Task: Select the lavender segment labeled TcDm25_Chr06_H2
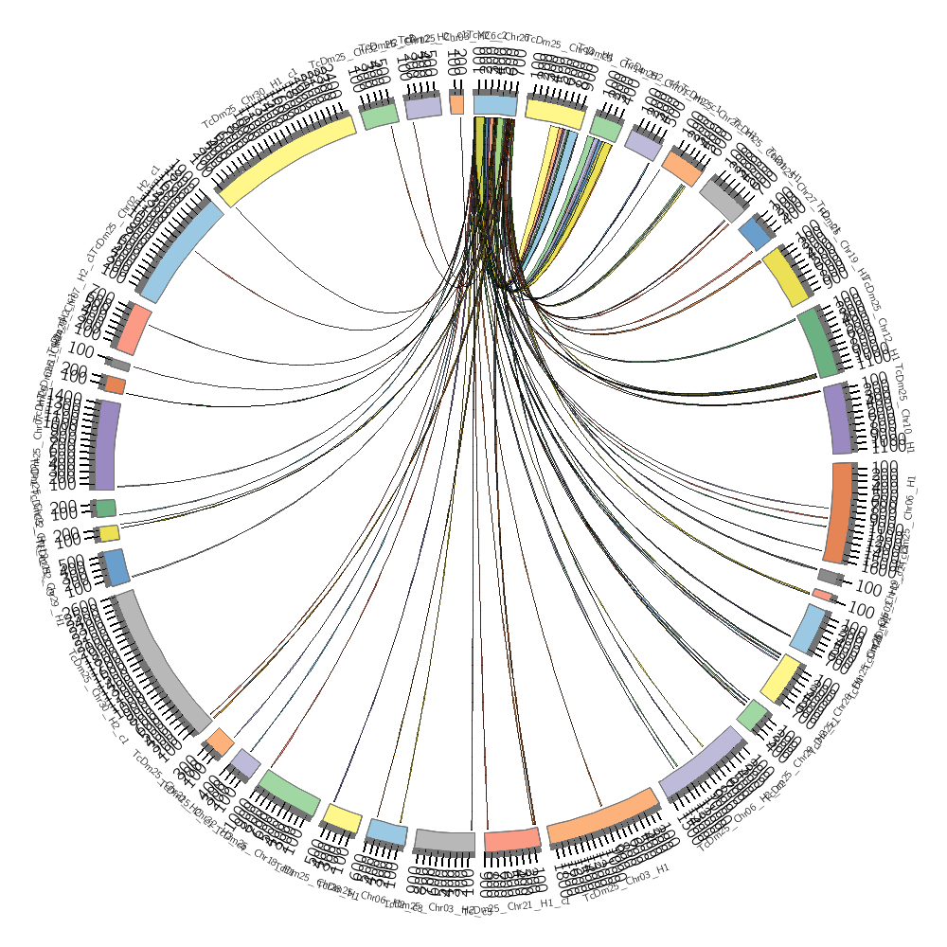coord(702,762)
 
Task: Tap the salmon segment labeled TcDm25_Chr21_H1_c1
coord(512,839)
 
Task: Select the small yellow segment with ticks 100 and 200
coord(110,533)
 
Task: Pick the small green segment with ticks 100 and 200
coord(106,508)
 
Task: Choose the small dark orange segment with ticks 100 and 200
coord(115,384)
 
